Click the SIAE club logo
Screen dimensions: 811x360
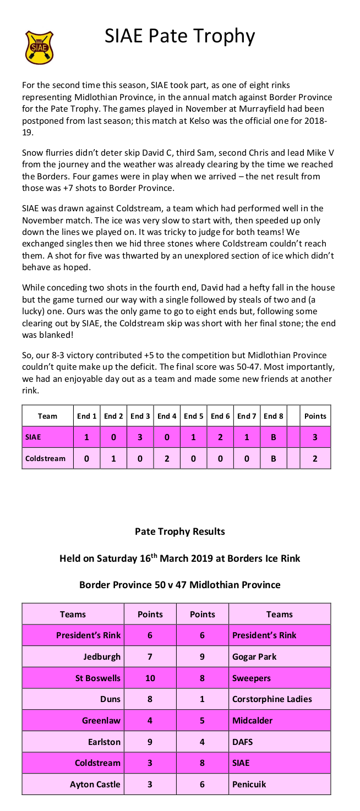point(39,48)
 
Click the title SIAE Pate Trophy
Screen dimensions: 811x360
point(180,36)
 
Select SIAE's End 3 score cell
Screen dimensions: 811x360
point(139,437)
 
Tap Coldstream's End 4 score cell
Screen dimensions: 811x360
point(166,458)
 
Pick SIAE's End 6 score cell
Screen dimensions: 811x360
point(220,437)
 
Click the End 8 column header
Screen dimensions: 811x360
point(273,417)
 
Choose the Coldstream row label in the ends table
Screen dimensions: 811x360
point(47,458)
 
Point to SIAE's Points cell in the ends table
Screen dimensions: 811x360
point(315,437)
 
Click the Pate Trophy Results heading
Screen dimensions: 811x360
point(180,531)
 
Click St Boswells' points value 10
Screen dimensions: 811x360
point(150,678)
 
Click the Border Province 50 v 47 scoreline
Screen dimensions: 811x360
point(180,585)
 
